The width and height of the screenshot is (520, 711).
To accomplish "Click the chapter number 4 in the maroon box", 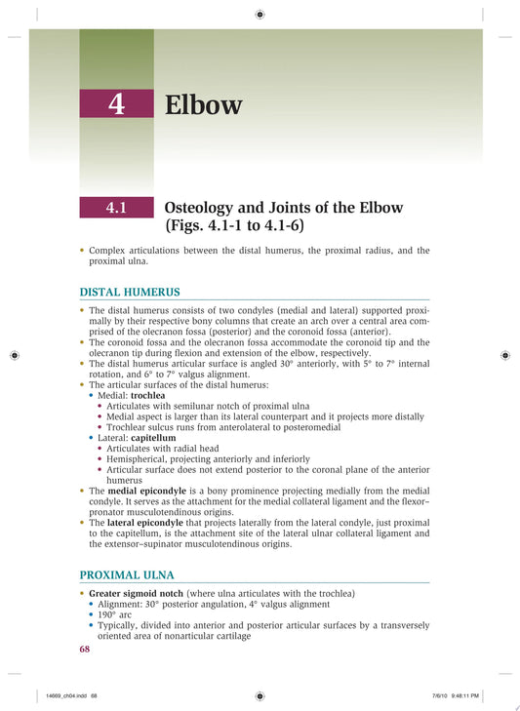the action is click(x=116, y=104).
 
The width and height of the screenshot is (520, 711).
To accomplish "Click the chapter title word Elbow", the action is click(x=203, y=104).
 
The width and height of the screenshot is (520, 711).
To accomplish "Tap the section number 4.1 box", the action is click(x=116, y=208).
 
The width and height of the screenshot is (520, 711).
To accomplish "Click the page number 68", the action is click(x=85, y=649).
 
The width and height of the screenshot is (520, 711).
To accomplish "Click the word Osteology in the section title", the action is click(x=207, y=208).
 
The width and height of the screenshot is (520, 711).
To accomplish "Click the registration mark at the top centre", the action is click(x=260, y=15).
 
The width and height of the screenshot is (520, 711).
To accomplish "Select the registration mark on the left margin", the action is click(x=15, y=355).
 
